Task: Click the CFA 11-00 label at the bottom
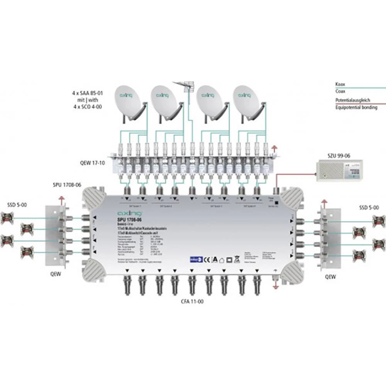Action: (191, 301)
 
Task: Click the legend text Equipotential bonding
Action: (356, 108)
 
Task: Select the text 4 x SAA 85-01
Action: (88, 93)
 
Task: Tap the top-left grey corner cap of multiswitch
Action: (95, 198)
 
